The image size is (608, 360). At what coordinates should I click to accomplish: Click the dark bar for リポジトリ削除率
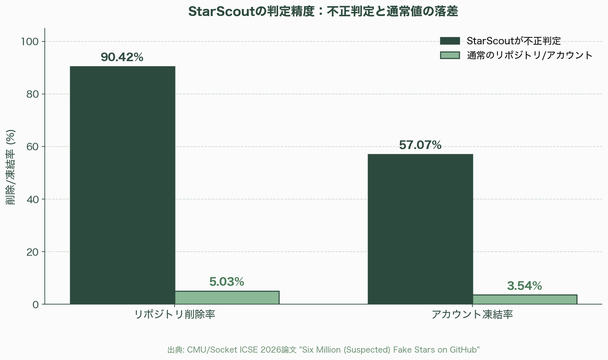[122, 185]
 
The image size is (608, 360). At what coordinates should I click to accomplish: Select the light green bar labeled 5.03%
[227, 298]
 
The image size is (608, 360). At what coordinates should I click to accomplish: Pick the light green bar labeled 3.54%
[525, 299]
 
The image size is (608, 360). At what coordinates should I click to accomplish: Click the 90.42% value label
[122, 57]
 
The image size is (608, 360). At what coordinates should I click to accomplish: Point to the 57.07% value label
[420, 145]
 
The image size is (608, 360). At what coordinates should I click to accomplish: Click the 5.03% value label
[227, 282]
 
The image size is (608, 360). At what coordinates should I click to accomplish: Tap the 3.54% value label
[525, 286]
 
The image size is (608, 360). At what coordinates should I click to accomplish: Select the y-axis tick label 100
[30, 41]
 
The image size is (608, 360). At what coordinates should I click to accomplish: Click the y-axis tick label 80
[32, 94]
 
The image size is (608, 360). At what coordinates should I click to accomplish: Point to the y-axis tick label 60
[32, 147]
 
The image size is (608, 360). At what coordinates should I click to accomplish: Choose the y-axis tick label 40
[32, 199]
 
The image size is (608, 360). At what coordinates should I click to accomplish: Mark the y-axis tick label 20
[32, 252]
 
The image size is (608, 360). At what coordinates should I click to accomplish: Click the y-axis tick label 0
[35, 304]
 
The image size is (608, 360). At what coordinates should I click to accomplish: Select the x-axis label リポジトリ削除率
[175, 315]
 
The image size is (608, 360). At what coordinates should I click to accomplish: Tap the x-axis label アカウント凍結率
[472, 315]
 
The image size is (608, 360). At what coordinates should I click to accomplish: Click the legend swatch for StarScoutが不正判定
[450, 41]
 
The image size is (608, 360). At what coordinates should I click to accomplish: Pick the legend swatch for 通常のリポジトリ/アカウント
[450, 55]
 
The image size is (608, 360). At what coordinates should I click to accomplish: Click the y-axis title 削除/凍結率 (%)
[11, 167]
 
